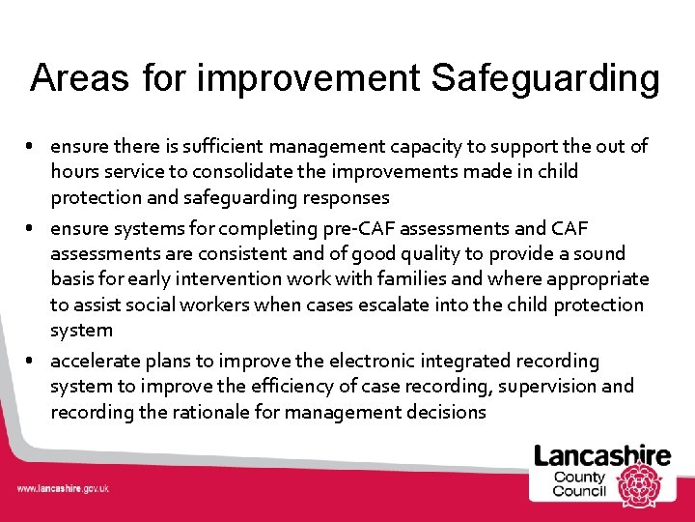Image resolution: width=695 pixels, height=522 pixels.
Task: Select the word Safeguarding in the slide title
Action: coord(545,79)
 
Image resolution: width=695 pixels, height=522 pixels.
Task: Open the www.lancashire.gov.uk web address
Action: coord(62,488)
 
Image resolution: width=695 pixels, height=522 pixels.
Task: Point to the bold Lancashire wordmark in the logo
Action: coord(602,455)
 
